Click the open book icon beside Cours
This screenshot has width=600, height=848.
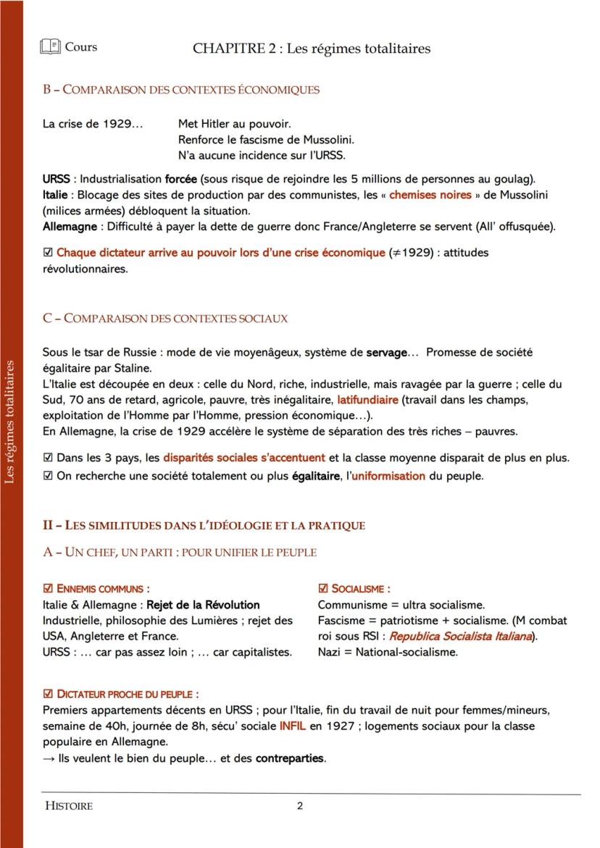(x=51, y=48)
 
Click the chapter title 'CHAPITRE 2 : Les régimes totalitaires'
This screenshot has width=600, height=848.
(x=312, y=49)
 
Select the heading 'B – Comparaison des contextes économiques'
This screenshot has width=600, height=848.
(x=180, y=90)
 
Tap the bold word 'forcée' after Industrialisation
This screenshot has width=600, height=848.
(x=180, y=179)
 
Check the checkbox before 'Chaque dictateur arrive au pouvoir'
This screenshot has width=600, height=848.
(x=48, y=253)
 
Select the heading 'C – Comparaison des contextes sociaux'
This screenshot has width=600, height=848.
(x=165, y=318)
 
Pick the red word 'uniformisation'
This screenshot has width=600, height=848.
(x=388, y=477)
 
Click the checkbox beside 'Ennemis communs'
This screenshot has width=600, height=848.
(x=48, y=589)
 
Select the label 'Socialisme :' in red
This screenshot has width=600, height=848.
(x=360, y=589)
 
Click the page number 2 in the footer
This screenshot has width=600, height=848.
(x=300, y=806)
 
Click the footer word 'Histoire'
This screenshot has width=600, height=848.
(x=69, y=806)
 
